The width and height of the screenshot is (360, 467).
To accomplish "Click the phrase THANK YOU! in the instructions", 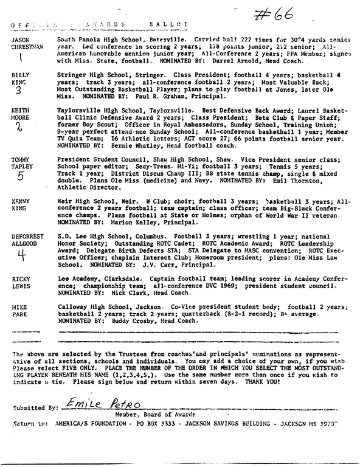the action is click(263, 381).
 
